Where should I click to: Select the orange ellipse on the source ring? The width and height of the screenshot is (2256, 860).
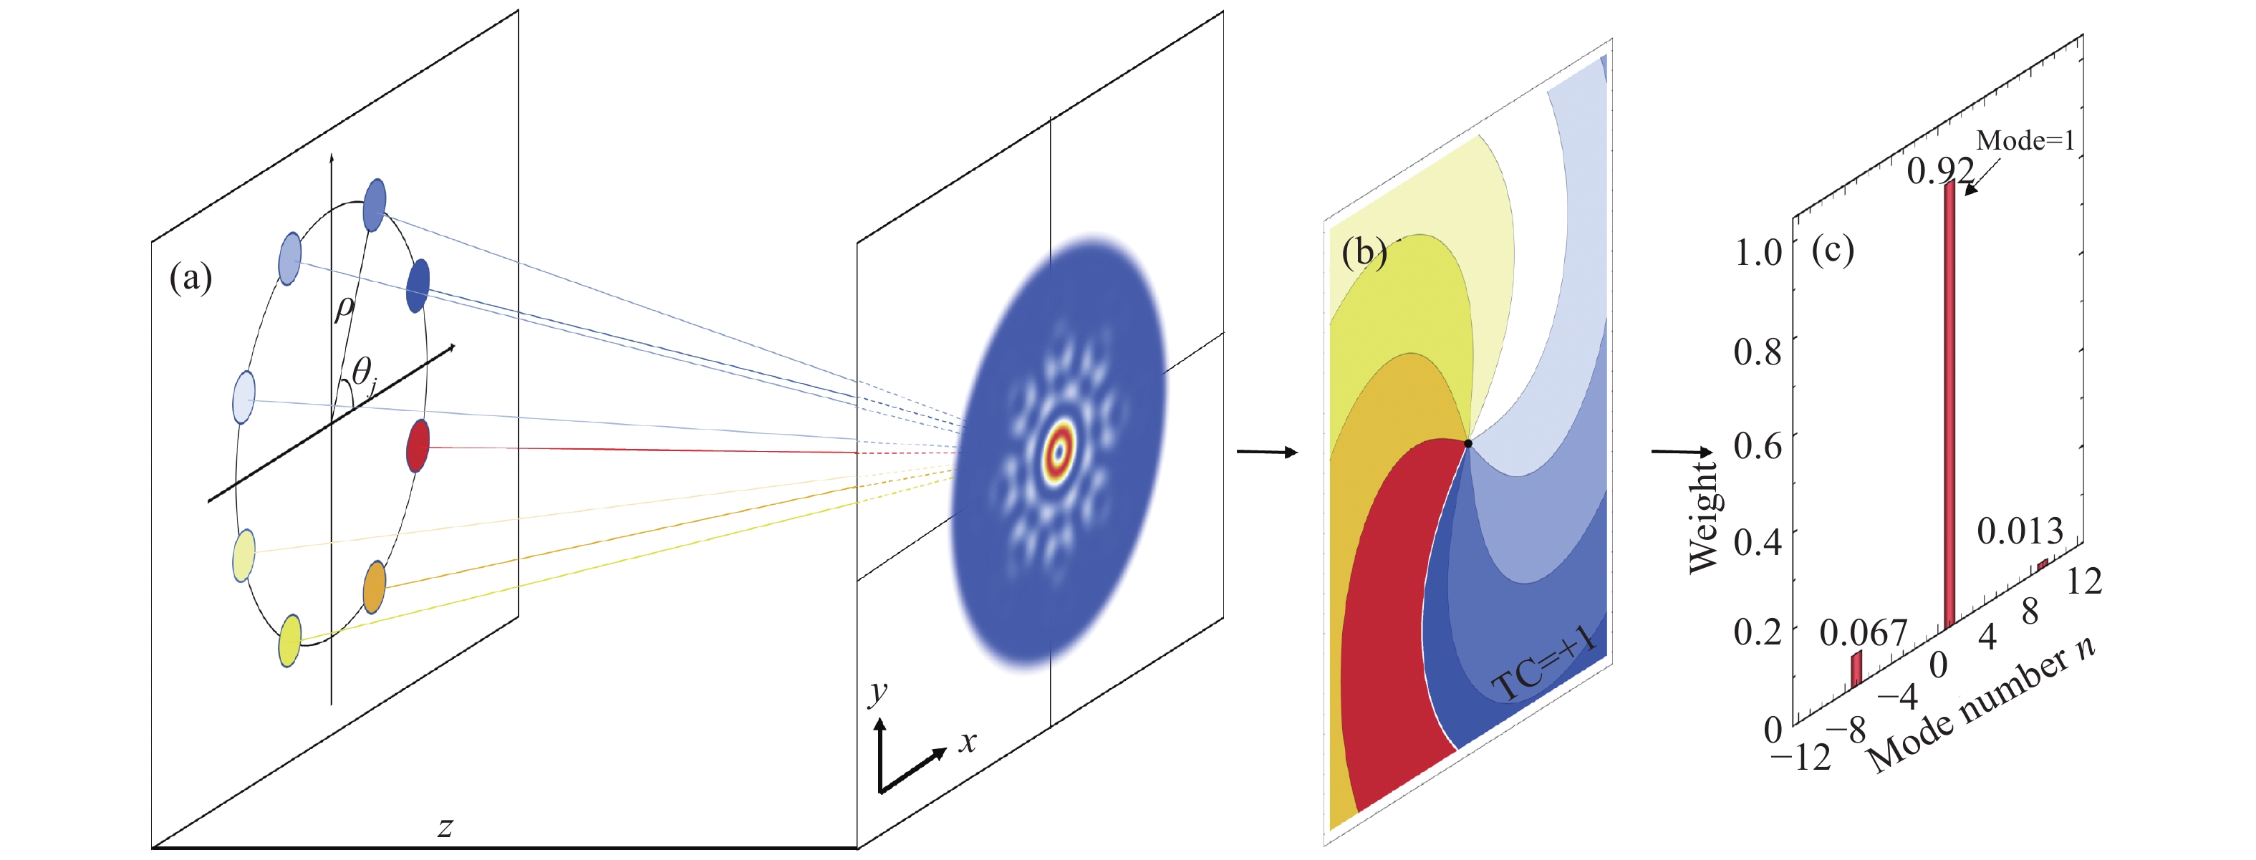[x=374, y=586]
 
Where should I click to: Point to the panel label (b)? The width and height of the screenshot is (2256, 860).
[x=1364, y=252]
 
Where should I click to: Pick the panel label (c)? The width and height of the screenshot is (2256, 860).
[x=1833, y=250]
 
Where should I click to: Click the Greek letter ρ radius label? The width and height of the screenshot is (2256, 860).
[x=345, y=309]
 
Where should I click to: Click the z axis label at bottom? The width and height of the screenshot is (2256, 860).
[x=445, y=826]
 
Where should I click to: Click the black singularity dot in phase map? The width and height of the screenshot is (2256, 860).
[x=1467, y=444]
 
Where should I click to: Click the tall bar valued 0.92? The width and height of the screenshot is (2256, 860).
[x=1949, y=405]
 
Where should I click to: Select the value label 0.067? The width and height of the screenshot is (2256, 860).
[x=1864, y=632]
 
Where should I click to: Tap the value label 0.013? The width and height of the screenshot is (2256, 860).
[x=2020, y=531]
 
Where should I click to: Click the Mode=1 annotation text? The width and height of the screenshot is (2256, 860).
[x=2025, y=140]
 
